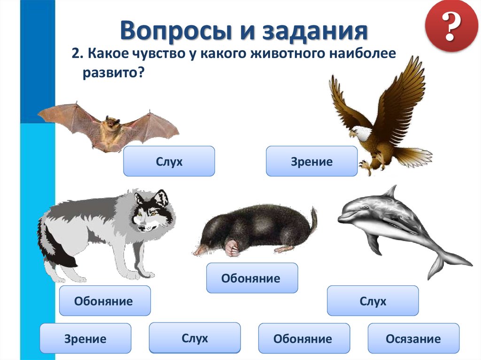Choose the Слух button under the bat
[x=169, y=161]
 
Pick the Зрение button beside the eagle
[x=312, y=161]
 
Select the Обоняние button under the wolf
[x=104, y=301]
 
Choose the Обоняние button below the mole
[x=252, y=278]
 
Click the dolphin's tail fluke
[x=446, y=263]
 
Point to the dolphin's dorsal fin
[x=389, y=191]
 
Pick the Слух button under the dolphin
[x=372, y=301]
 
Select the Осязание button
[x=413, y=338]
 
